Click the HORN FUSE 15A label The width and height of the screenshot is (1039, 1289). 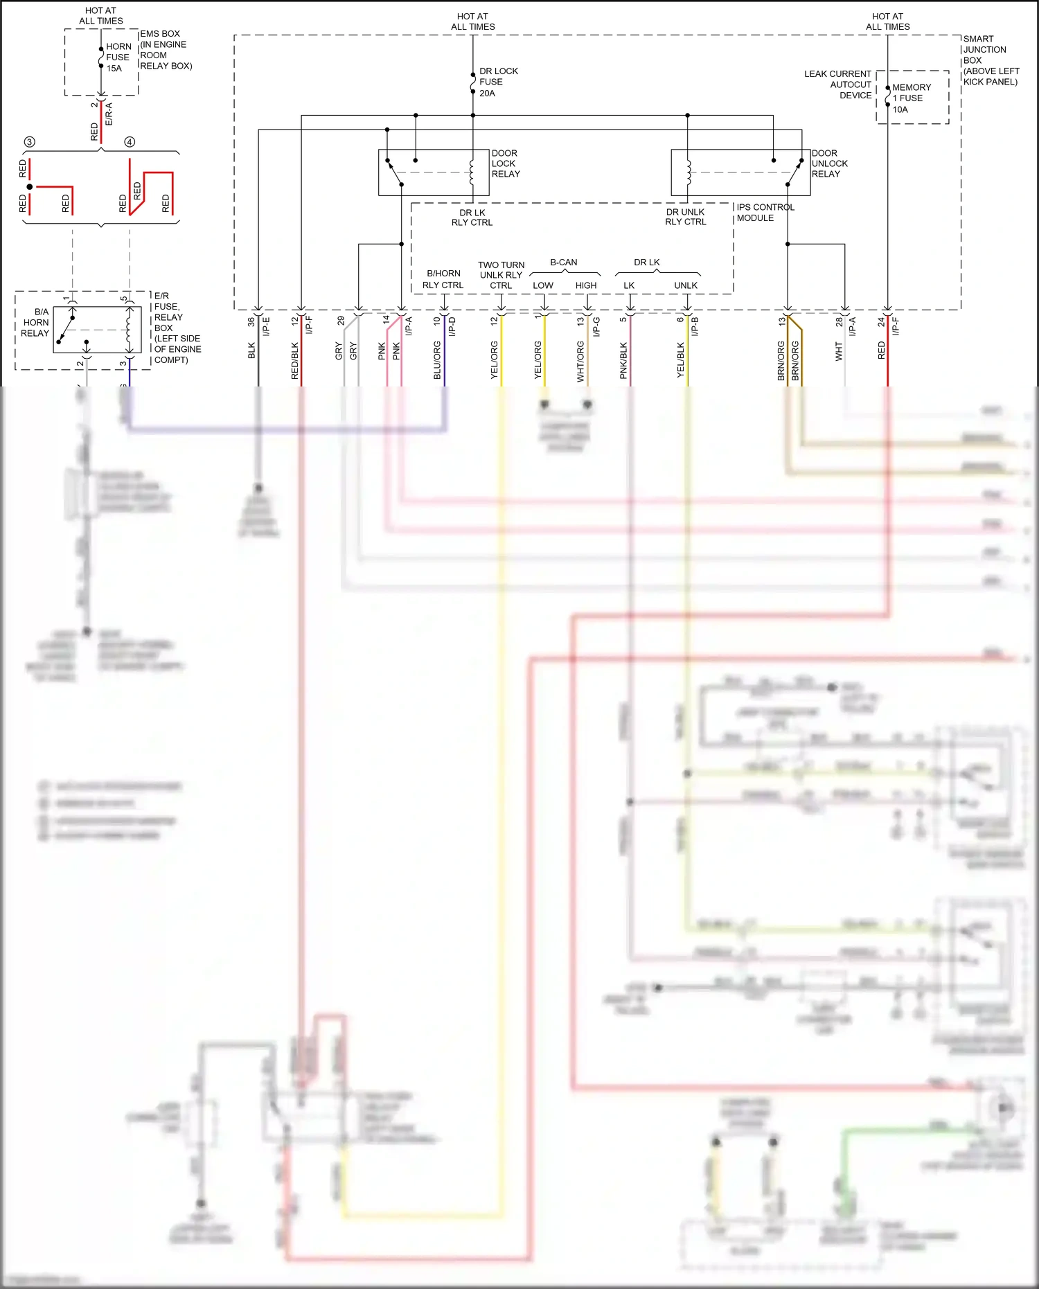(118, 57)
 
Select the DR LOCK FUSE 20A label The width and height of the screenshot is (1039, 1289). (497, 82)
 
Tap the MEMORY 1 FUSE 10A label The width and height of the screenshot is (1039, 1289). (910, 98)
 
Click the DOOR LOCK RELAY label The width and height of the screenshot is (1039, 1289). (505, 163)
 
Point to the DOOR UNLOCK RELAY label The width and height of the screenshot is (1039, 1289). (828, 163)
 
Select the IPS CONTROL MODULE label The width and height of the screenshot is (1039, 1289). (764, 213)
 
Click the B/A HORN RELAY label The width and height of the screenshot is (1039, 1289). (35, 323)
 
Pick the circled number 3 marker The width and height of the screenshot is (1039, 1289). (29, 142)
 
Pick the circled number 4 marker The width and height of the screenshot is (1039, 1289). (130, 142)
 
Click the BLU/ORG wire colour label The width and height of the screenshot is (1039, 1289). (437, 360)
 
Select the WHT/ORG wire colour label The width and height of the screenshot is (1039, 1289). (580, 362)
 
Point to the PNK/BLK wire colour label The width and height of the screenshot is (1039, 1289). (623, 360)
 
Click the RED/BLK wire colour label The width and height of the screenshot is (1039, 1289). (294, 360)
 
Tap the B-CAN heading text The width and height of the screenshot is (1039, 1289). (563, 263)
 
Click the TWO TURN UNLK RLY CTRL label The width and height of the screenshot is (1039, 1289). (501, 275)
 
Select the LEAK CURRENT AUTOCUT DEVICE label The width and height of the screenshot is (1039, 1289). (838, 85)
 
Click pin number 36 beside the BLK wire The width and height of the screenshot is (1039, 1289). (251, 322)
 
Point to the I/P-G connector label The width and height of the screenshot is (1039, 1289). (596, 326)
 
